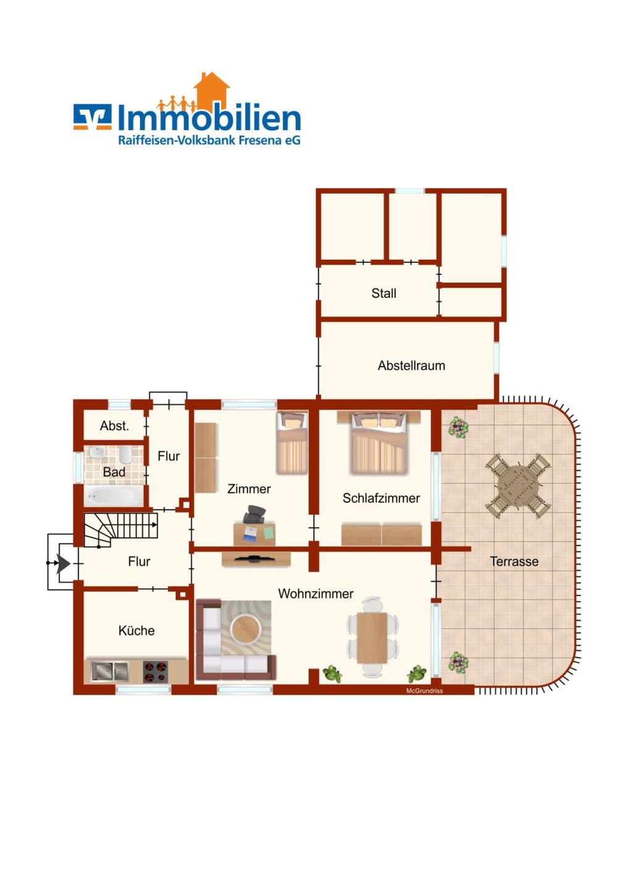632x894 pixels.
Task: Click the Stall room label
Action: click(x=383, y=293)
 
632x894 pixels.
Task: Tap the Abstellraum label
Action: click(x=411, y=366)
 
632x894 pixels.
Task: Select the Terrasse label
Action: click(x=514, y=561)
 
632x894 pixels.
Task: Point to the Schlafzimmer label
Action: click(x=381, y=498)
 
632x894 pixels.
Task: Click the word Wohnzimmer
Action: click(x=315, y=594)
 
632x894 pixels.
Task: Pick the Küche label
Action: click(x=136, y=630)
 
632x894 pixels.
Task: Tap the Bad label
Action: click(x=114, y=472)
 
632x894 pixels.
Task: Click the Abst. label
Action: click(x=114, y=426)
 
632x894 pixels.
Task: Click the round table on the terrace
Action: click(x=518, y=486)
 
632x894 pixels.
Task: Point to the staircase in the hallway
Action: click(x=120, y=529)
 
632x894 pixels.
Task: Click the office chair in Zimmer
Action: click(x=254, y=515)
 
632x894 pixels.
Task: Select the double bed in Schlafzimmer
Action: click(x=379, y=442)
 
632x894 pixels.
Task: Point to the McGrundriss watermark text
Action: click(x=424, y=691)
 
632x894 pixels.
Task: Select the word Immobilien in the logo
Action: click(x=209, y=117)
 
